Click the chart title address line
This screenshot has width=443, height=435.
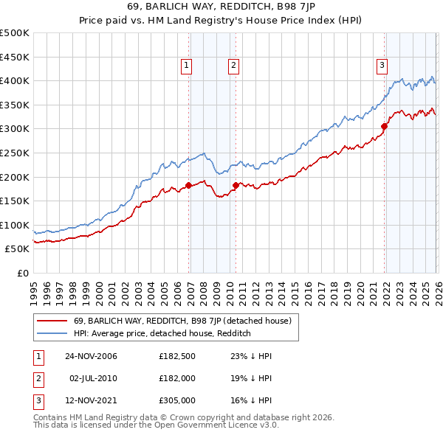coord(221,8)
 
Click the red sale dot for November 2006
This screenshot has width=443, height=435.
coord(189,185)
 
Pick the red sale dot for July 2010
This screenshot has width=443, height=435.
coord(236,185)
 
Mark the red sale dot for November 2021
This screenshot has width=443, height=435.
coord(385,126)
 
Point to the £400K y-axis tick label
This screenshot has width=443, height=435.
coord(15,80)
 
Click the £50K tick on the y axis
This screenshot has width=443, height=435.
coord(18,249)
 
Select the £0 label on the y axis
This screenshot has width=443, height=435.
coord(23,273)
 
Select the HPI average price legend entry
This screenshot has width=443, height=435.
coord(162,333)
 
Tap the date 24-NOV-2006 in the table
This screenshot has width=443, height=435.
coord(91,356)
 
